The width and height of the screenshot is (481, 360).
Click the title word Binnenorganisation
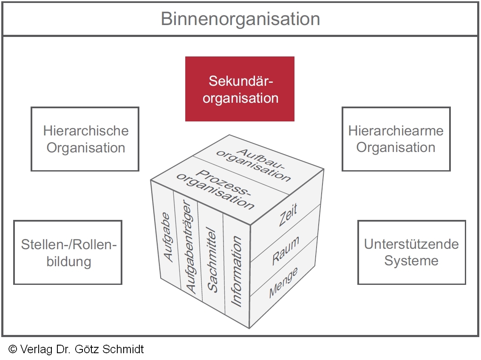click(240, 19)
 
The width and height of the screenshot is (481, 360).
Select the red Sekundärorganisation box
click(240, 89)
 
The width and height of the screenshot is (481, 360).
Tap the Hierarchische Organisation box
click(85, 139)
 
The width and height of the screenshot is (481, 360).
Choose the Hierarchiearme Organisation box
click(396, 139)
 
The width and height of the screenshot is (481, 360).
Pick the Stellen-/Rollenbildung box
click(68, 253)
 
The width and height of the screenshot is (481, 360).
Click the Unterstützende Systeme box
click(411, 253)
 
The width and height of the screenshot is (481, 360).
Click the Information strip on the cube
click(236, 272)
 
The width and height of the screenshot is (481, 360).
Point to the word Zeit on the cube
click(288, 215)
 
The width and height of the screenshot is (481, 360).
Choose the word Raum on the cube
click(286, 251)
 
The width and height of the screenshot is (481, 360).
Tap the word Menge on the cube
click(283, 283)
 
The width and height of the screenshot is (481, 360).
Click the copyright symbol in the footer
click(13, 349)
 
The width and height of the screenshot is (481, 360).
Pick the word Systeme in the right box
click(411, 261)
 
